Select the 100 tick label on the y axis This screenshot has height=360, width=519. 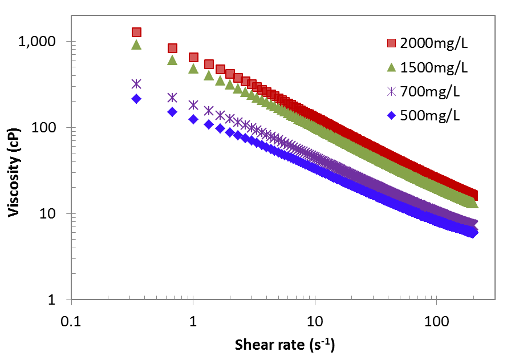point(53,128)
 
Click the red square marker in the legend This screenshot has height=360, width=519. point(391,43)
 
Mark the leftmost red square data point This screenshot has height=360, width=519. point(136,33)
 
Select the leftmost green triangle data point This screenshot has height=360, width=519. point(136,45)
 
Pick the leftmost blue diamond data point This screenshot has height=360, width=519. point(136,99)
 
